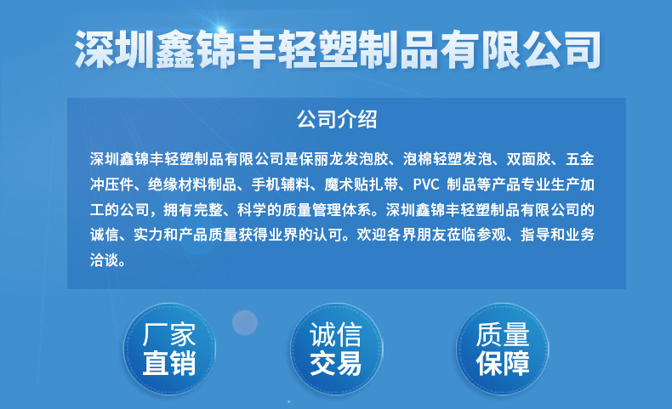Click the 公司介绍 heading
336,119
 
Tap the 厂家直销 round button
169,348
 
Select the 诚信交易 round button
335,348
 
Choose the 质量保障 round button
503,348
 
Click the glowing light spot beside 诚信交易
245,322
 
